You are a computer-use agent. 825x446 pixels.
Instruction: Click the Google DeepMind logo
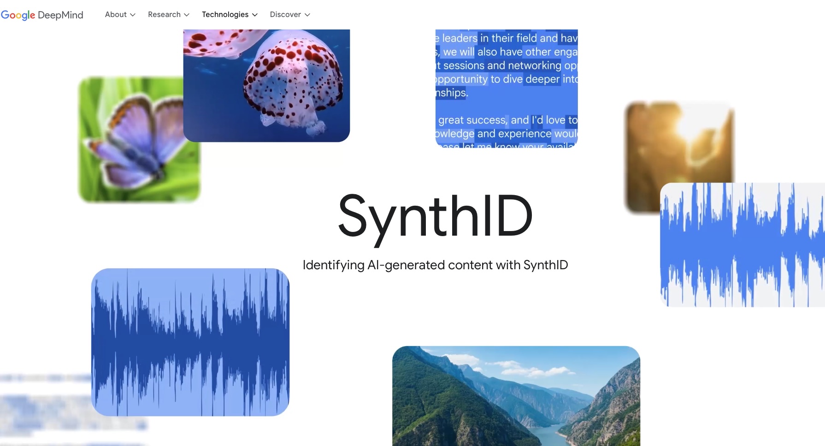click(42, 15)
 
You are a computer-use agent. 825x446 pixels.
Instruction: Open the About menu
click(116, 15)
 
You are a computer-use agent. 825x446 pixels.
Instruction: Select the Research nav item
click(164, 15)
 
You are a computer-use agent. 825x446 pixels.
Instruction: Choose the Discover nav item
click(285, 15)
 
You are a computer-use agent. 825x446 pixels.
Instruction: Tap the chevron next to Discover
click(307, 15)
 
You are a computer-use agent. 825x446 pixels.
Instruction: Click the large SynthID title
click(435, 215)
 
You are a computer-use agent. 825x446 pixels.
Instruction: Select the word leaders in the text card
click(460, 38)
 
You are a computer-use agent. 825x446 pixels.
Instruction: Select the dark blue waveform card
click(190, 342)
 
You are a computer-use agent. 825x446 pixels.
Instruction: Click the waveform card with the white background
click(742, 245)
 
